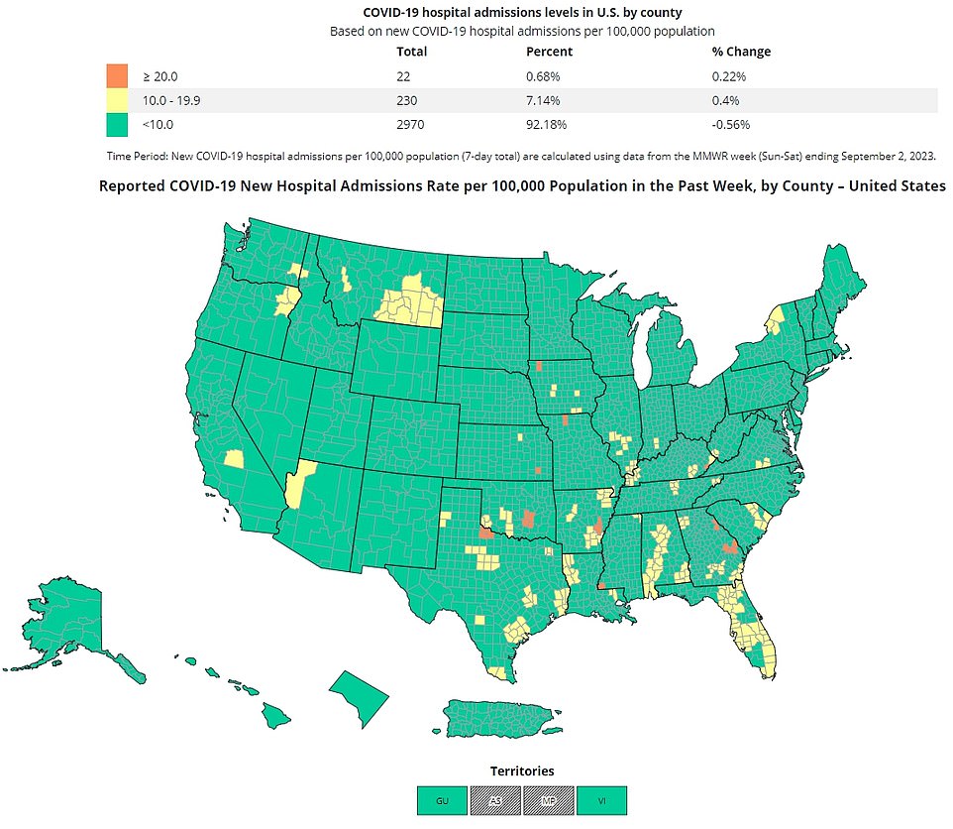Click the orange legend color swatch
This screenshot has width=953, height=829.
[116, 75]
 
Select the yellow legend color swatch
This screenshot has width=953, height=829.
[116, 100]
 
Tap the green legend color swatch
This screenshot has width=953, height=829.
[116, 125]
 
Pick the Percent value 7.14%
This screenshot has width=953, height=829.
[545, 100]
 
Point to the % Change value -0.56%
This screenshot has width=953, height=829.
[731, 125]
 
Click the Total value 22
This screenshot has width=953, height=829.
[403, 75]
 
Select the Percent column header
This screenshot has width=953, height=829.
[548, 52]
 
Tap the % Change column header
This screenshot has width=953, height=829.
[741, 52]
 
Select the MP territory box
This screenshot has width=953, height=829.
[549, 800]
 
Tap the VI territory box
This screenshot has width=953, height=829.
[601, 800]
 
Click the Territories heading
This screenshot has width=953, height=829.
[522, 770]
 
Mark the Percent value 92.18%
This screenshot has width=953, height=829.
[548, 125]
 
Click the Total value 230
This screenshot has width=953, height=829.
[407, 100]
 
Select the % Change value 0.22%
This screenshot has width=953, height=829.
[728, 75]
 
